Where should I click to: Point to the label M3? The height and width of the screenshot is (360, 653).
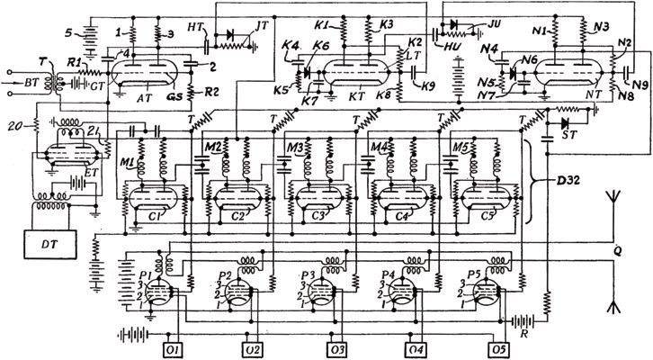coord(294,148)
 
